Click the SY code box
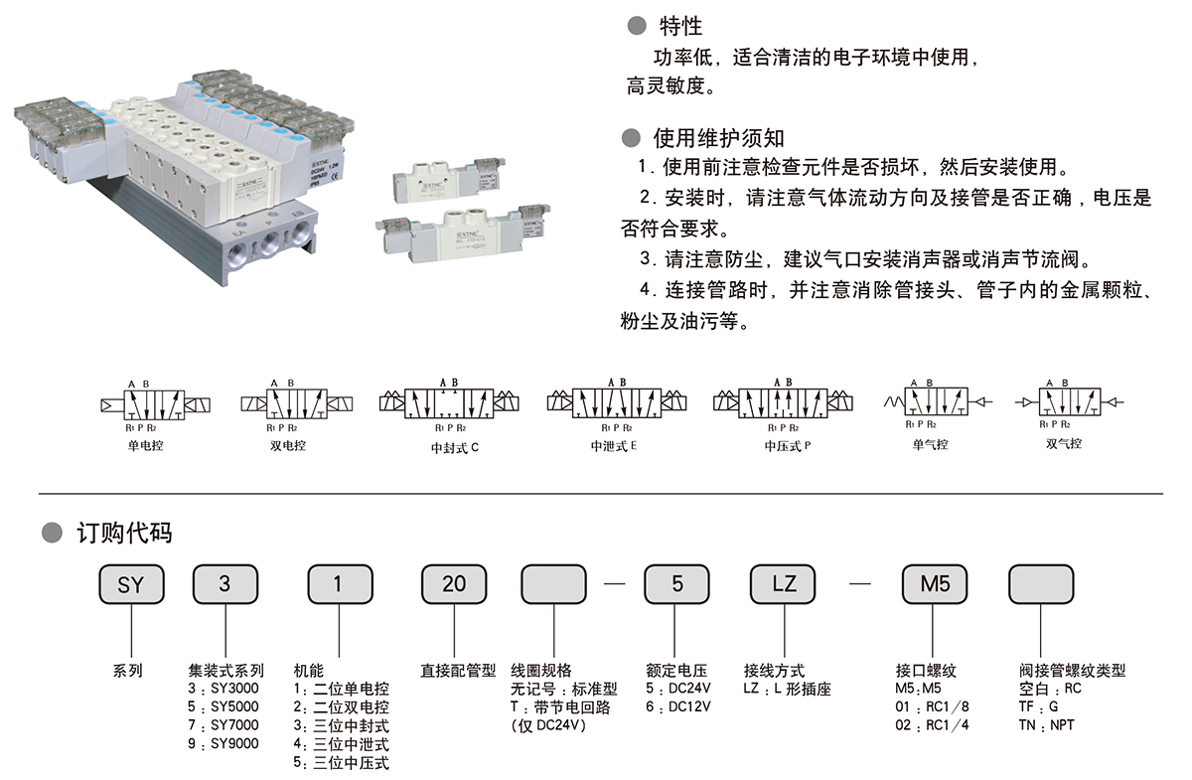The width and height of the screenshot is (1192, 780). (x=131, y=584)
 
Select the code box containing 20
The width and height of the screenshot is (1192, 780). (x=454, y=584)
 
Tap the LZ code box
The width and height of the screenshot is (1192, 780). (x=785, y=584)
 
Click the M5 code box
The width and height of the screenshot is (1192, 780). (x=935, y=584)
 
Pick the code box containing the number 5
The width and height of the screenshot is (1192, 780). (x=677, y=584)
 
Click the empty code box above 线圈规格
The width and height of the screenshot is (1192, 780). (x=554, y=584)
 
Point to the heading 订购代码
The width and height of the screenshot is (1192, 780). (x=124, y=533)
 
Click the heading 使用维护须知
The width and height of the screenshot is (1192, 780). (x=718, y=138)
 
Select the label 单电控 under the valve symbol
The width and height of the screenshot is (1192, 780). (x=145, y=445)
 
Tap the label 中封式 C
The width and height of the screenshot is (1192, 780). (x=455, y=447)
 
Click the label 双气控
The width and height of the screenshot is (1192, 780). (x=1064, y=444)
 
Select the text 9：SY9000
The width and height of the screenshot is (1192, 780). (x=223, y=744)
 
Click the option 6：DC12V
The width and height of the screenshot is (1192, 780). (x=679, y=707)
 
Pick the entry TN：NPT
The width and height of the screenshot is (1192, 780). (x=1047, y=725)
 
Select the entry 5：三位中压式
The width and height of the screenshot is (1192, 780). (x=342, y=763)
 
